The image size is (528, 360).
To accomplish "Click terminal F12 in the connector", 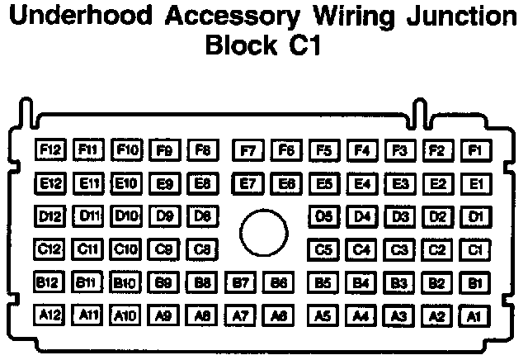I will (50, 150).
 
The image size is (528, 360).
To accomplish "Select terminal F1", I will (475, 150).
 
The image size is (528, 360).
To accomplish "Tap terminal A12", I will (50, 315).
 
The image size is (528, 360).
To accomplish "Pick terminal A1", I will (474, 315).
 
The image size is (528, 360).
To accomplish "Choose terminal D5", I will (323, 216).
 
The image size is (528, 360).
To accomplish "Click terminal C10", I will (126, 249).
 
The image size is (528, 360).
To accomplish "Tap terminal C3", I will (400, 249).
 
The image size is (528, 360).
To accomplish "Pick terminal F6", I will (285, 150).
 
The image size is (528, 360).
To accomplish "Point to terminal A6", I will (280, 315).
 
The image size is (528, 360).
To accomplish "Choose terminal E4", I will (361, 182).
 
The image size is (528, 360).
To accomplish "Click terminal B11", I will (88, 282).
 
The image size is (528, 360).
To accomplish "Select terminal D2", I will (437, 216).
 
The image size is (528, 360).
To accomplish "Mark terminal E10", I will (126, 182).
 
